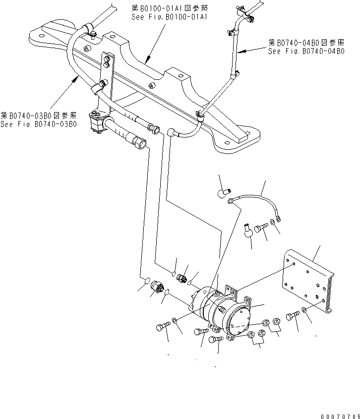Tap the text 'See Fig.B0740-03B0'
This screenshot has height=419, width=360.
click(38, 124)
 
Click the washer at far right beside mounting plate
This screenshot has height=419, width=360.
click(304, 312)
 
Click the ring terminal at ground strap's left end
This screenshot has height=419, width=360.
click(231, 200)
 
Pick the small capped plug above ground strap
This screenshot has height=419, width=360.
click(224, 191)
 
